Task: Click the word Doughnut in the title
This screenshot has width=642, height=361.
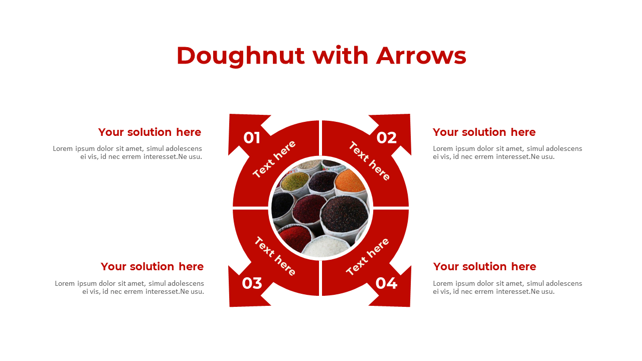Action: [x=240, y=56]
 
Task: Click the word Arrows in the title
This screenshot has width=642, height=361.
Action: [x=421, y=56]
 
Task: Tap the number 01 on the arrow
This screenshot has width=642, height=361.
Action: [x=252, y=138]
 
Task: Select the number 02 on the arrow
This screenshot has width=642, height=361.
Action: [x=387, y=138]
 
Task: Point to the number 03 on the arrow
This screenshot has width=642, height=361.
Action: [x=252, y=283]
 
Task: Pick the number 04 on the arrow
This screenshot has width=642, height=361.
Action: [x=386, y=283]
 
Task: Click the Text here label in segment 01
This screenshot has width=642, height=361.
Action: [x=274, y=159]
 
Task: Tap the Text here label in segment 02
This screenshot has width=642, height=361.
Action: [x=370, y=161]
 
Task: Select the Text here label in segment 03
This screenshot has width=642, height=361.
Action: [x=275, y=256]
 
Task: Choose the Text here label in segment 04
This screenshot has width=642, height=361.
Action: [x=368, y=257]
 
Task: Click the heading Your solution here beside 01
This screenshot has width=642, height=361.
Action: [x=149, y=132]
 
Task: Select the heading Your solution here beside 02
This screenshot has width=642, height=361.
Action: [x=484, y=132]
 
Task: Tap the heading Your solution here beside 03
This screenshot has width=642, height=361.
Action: [x=152, y=267]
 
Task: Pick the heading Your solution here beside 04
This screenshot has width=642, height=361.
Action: [x=485, y=267]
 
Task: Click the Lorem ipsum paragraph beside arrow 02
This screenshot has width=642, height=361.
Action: [x=507, y=153]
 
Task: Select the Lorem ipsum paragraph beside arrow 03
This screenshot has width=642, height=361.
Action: [x=129, y=287]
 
